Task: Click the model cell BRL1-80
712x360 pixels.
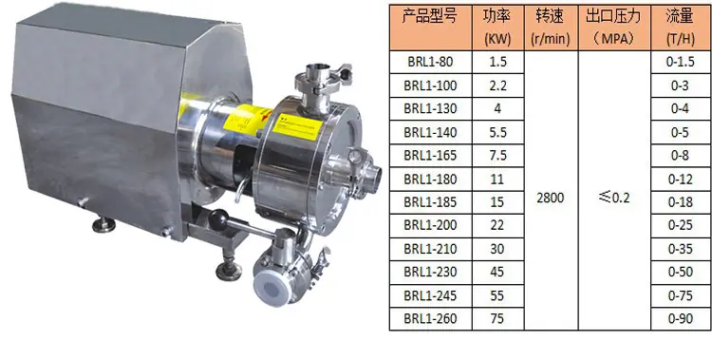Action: pos(430,62)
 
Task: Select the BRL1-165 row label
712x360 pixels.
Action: pos(430,156)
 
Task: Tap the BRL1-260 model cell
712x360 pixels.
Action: pos(430,318)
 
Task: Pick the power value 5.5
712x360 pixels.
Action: pos(497,132)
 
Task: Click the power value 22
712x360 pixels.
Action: pos(497,225)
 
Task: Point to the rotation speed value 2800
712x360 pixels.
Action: pos(551,198)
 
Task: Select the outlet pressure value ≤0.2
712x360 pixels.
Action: pos(614,198)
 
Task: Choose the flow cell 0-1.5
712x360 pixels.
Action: pos(681,62)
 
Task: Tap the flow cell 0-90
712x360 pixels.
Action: pos(681,318)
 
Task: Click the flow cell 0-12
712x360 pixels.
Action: pos(681,180)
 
